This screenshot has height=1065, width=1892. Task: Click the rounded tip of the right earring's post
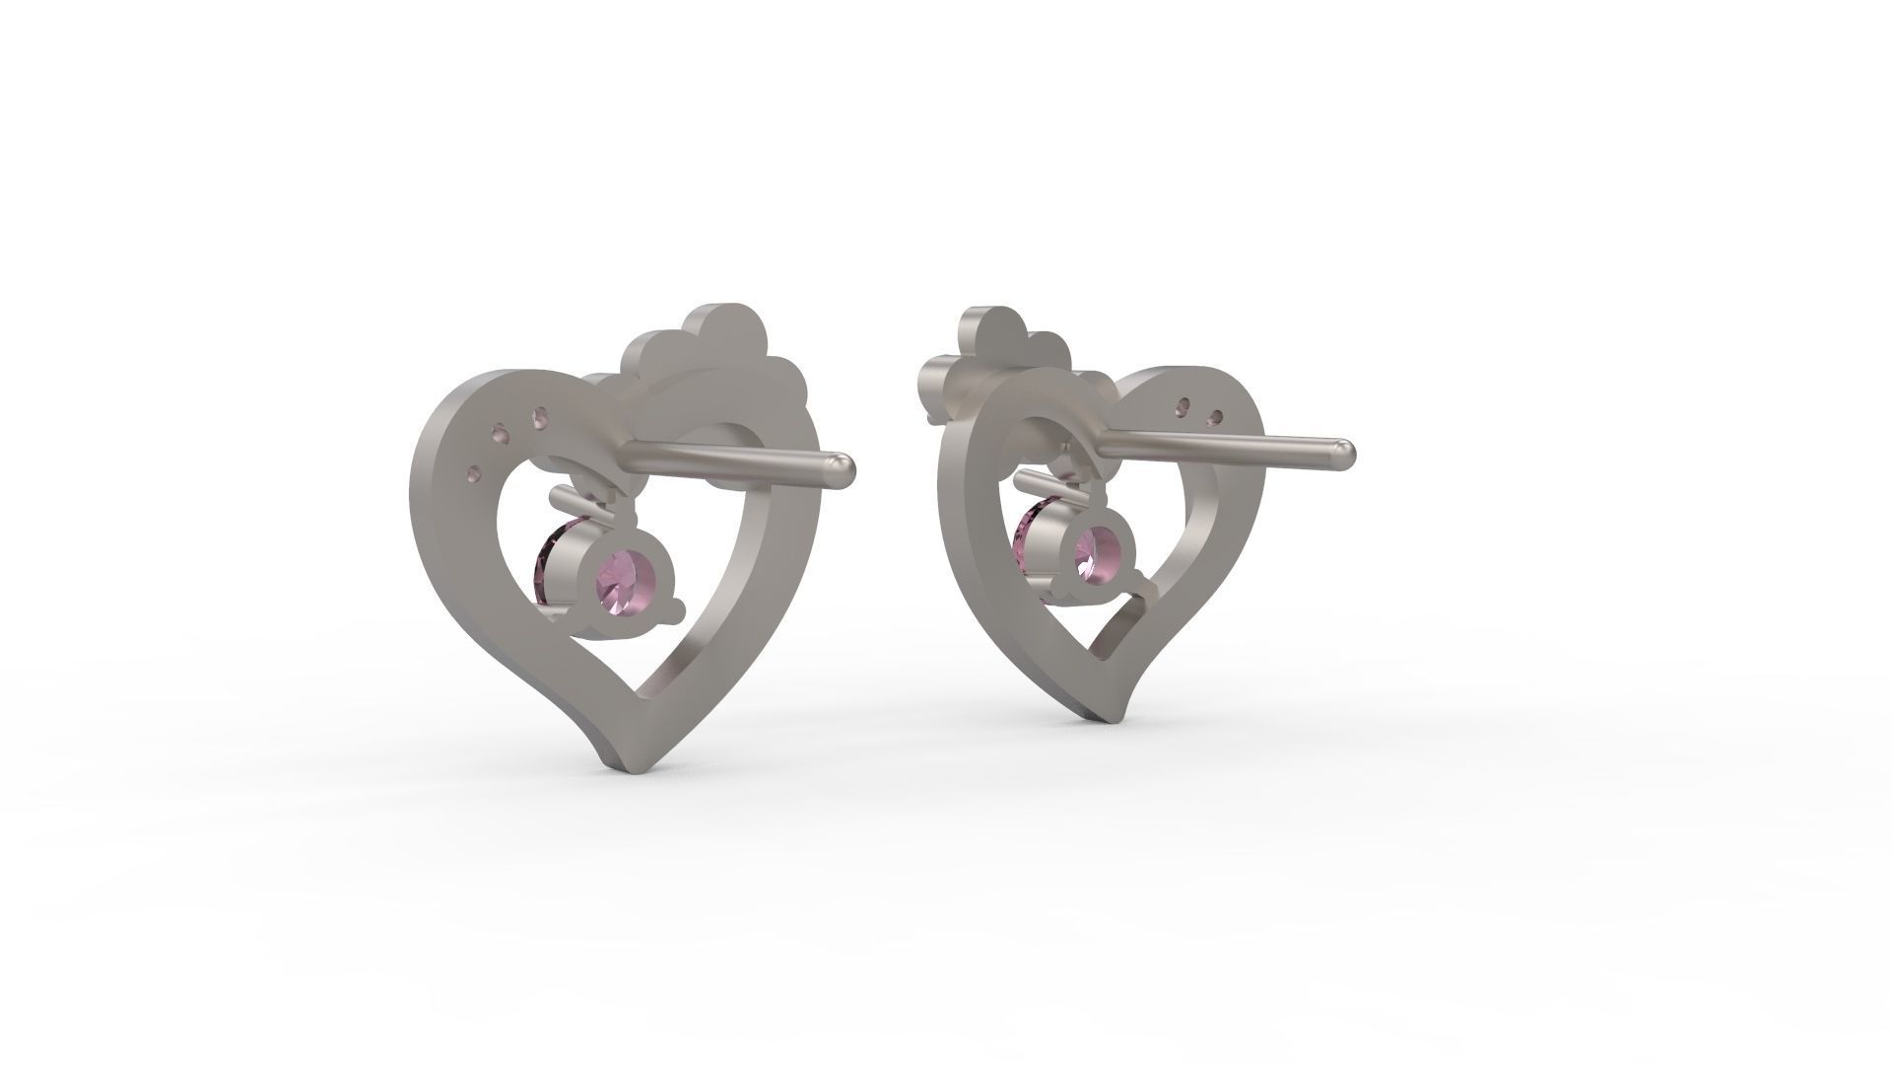pyautogui.click(x=1344, y=452)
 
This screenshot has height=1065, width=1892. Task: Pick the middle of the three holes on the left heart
pyautogui.click(x=504, y=434)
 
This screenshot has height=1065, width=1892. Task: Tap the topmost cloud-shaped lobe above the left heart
pyautogui.click(x=723, y=326)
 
